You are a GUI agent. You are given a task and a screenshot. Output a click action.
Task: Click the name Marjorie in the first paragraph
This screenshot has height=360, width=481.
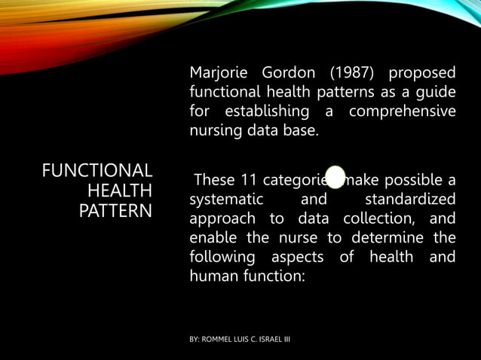pos(218,74)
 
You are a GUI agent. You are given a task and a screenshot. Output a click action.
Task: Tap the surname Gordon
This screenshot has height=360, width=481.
pos(283,74)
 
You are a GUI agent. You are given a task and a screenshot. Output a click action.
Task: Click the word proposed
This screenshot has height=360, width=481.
pos(422,74)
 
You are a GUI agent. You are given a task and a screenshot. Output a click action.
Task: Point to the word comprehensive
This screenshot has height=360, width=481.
pos(403,112)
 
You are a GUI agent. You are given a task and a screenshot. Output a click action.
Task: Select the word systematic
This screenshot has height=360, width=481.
pos(226,200)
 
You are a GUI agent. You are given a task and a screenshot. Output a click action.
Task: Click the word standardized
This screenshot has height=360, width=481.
pos(409,200)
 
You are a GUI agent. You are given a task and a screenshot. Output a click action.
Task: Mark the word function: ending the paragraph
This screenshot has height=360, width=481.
pos(278,276)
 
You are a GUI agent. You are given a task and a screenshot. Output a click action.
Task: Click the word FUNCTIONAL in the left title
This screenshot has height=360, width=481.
pos(97,170)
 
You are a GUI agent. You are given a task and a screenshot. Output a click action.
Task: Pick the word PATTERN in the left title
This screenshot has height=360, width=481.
pos(115,209)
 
